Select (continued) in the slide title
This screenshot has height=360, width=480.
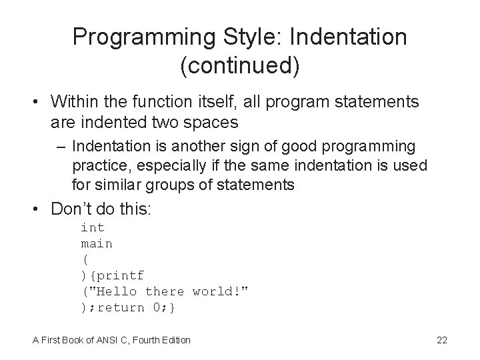[239, 66]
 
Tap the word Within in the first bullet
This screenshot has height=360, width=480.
[75, 101]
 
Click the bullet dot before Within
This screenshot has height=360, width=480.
[38, 102]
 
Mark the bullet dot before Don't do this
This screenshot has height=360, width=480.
[38, 209]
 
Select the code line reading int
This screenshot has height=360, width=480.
[93, 227]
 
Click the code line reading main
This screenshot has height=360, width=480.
[97, 243]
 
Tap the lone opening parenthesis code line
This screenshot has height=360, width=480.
[85, 259]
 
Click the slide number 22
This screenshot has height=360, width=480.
[441, 340]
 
